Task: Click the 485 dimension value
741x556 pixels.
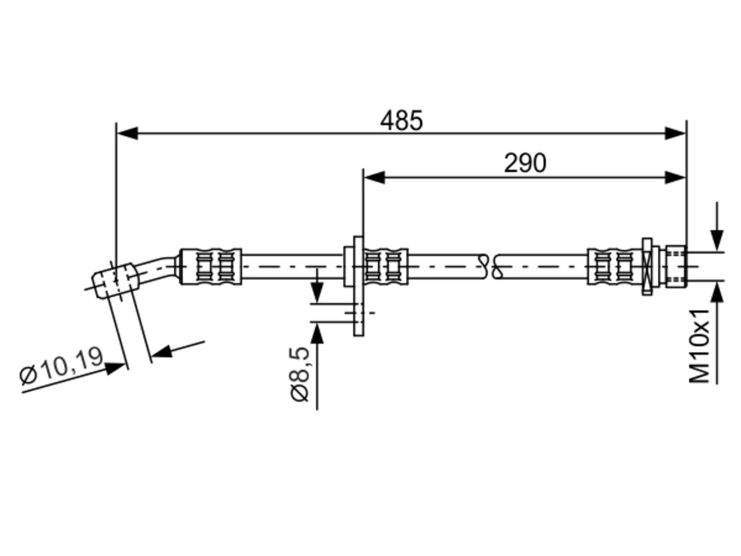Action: [x=401, y=120]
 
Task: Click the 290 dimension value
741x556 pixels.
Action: [x=524, y=163]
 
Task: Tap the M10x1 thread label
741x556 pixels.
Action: [x=699, y=346]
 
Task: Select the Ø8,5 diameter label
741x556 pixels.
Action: [x=299, y=374]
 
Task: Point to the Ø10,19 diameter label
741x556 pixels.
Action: [x=61, y=366]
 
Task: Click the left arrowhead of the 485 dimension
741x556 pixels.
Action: [x=127, y=133]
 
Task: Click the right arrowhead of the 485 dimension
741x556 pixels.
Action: [x=675, y=133]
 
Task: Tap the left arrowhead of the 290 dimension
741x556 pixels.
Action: [x=374, y=178]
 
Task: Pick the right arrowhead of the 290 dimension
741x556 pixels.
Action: [x=675, y=178]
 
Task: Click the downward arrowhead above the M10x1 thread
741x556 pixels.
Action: [x=717, y=241]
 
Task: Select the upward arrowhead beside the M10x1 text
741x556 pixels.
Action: [x=717, y=292]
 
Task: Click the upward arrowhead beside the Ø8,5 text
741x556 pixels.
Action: [x=317, y=333]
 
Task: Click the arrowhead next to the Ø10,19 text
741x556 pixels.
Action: [x=115, y=368]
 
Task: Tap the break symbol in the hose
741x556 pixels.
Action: [x=490, y=266]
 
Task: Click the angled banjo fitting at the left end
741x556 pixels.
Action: [x=115, y=280]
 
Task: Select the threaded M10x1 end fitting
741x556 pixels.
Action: [x=676, y=266]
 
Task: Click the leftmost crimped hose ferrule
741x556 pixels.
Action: [x=211, y=266]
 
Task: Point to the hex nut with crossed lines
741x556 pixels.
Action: [x=647, y=266]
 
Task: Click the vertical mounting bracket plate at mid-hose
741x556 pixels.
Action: [x=358, y=286]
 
